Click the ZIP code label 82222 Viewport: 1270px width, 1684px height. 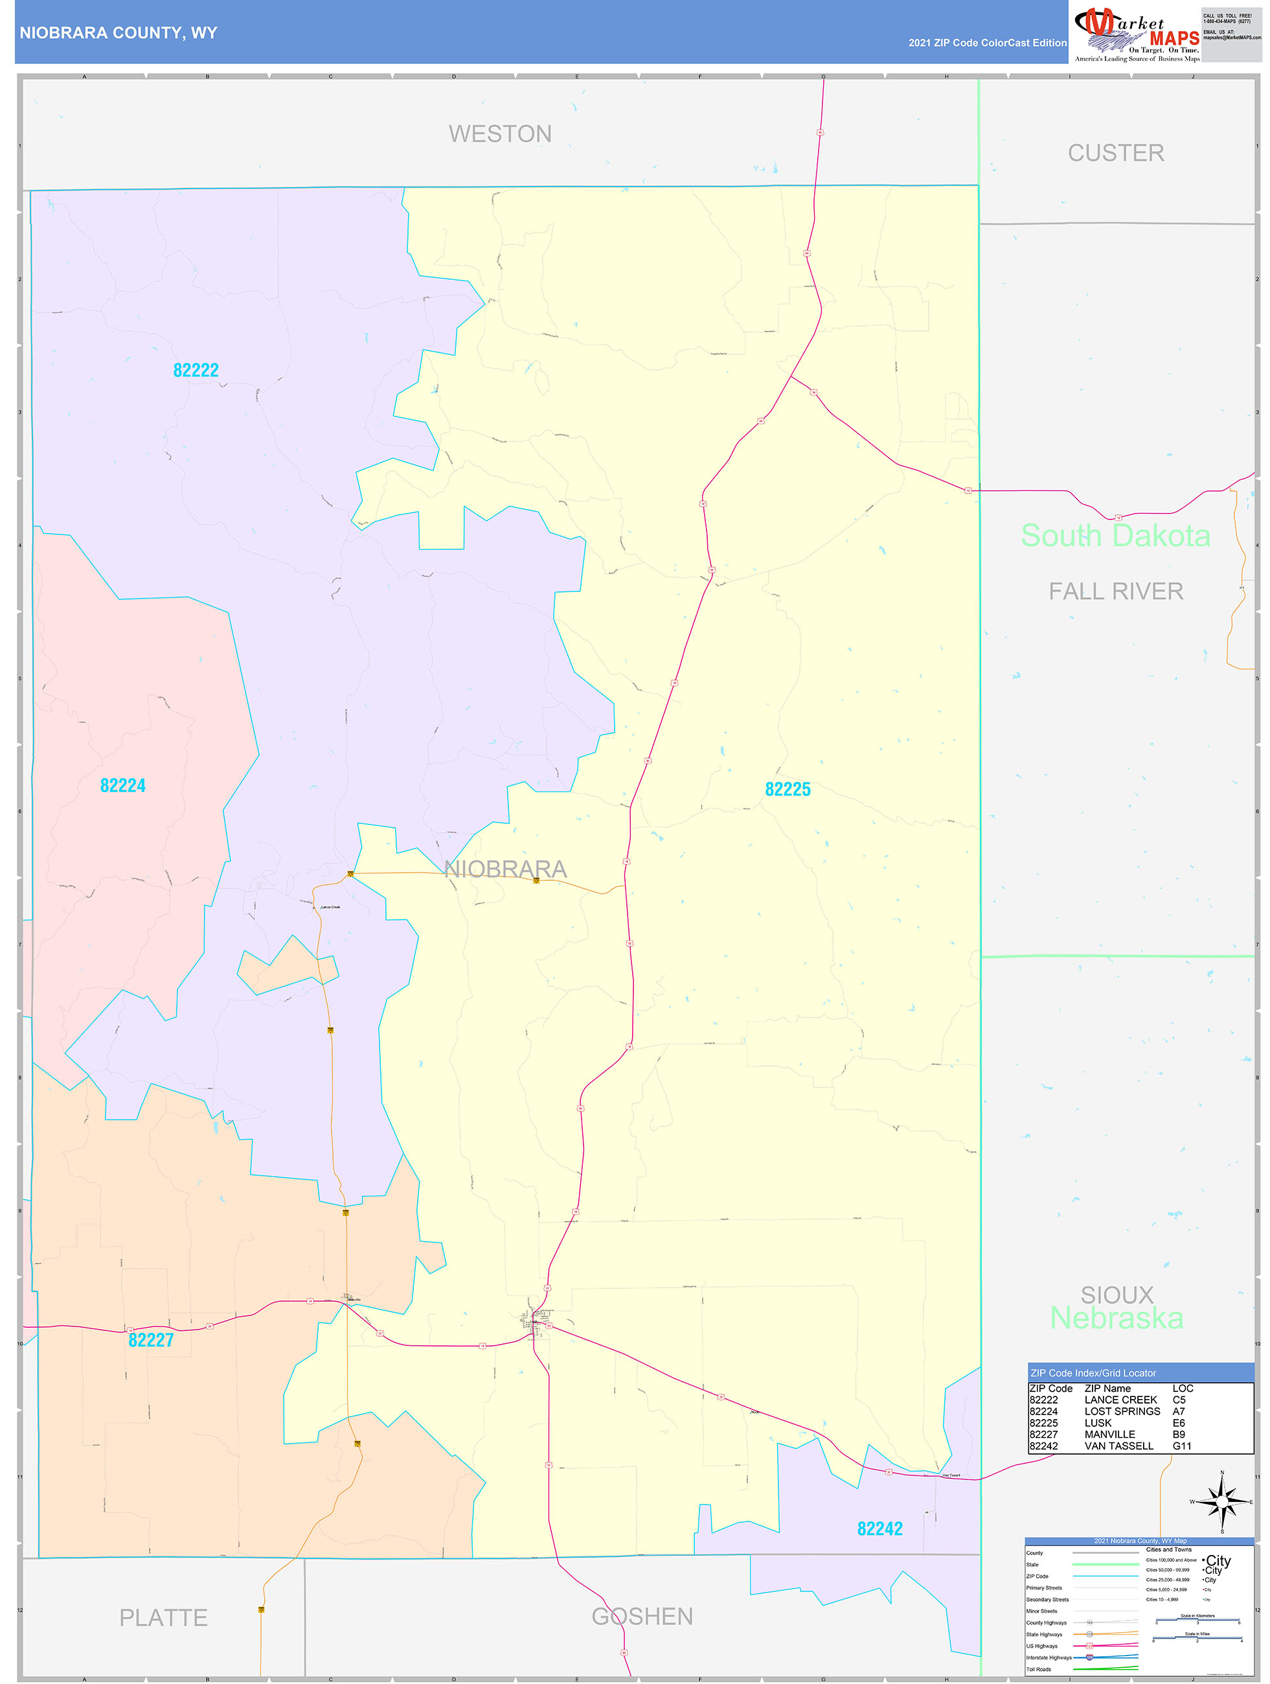tap(196, 370)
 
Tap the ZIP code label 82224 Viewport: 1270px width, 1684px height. tap(122, 785)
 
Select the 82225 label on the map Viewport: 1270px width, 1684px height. tap(788, 789)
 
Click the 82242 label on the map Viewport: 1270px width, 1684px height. tap(879, 1528)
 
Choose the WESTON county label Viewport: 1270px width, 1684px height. tap(499, 134)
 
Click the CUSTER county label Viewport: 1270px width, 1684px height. tap(1115, 153)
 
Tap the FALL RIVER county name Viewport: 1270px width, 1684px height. tap(1115, 591)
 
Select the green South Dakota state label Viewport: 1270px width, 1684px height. tap(1115, 535)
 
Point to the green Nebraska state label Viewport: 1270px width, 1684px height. tap(1117, 1318)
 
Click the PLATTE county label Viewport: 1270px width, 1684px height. tap(163, 1617)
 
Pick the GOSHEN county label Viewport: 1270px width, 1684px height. tap(642, 1615)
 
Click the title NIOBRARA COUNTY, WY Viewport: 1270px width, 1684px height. tap(119, 33)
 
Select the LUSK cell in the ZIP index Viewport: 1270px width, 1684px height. tap(1098, 1423)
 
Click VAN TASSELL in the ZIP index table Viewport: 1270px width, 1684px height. tap(1118, 1446)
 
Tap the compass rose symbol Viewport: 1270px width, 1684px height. tap(1222, 1502)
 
